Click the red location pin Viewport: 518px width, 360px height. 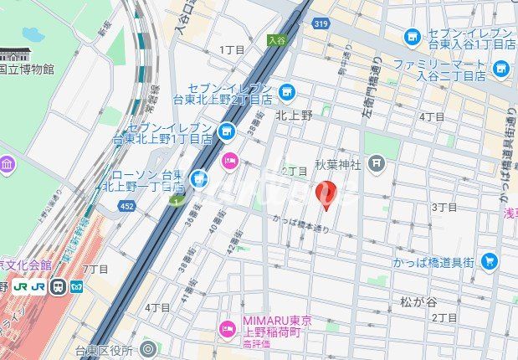click(327, 194)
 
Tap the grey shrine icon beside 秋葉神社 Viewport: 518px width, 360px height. click(377, 162)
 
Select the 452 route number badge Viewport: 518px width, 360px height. click(126, 205)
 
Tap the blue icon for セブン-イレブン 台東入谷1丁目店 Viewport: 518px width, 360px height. click(413, 36)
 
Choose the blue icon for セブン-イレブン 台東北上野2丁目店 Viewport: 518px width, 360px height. click(287, 90)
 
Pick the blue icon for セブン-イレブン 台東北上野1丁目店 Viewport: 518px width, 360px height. click(226, 131)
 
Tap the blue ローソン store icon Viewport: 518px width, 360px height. click(198, 177)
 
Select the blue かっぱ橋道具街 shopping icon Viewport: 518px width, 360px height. click(490, 262)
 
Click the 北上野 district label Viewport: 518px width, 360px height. click(294, 116)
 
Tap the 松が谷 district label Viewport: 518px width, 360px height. click(418, 301)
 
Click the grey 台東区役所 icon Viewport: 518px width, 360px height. click(148, 349)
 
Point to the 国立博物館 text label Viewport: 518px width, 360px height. click(27, 69)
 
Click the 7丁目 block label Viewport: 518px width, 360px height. click(96, 269)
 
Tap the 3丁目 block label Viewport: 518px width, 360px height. click(444, 206)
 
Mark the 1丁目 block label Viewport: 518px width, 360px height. click(232, 49)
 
